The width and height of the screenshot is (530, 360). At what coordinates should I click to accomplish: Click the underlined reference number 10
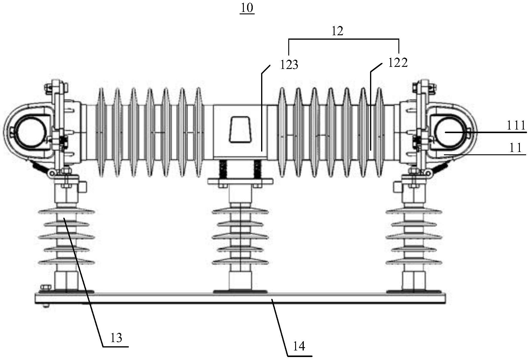(x=247, y=8)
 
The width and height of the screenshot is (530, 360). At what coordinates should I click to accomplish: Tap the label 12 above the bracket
(x=338, y=31)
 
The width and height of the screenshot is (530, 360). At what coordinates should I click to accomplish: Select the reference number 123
(x=289, y=65)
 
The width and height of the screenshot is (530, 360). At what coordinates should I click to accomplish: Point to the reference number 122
(x=397, y=63)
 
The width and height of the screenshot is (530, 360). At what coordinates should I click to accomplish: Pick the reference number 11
(x=515, y=148)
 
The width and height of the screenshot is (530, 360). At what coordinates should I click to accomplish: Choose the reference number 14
(x=299, y=346)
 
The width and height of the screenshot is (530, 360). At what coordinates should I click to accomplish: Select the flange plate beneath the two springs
(x=241, y=181)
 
